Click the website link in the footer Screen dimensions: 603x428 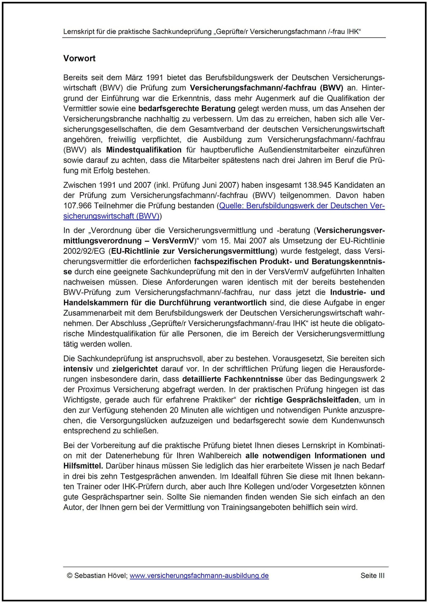(199, 576)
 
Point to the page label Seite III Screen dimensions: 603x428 (372, 576)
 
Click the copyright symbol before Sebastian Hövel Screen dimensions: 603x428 (70, 576)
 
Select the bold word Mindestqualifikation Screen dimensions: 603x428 (144, 150)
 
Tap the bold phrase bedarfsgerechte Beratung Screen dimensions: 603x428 (187, 108)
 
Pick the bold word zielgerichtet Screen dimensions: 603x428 (135, 369)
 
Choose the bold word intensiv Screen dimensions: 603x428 (78, 369)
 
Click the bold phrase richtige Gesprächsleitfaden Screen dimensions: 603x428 (307, 400)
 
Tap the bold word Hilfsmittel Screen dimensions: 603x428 (83, 466)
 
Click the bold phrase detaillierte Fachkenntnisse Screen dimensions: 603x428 (232, 379)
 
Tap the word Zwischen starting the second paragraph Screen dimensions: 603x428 (79, 185)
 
